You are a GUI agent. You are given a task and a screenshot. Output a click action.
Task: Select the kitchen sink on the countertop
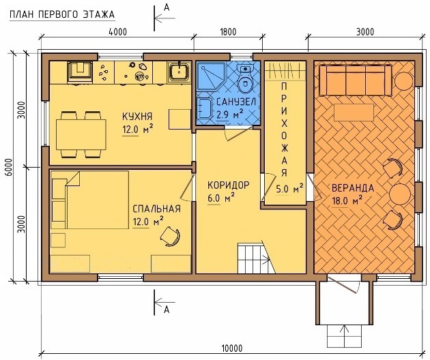pyautogui.click(x=179, y=72)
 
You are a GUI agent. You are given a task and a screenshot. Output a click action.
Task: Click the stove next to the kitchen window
pyautogui.click(x=80, y=71)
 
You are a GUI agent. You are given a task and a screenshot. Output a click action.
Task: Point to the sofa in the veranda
pyautogui.click(x=355, y=80)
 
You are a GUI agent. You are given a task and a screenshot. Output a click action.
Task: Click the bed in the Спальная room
pyautogui.click(x=90, y=200)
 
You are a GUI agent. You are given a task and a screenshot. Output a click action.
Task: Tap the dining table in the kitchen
pyautogui.click(x=81, y=134)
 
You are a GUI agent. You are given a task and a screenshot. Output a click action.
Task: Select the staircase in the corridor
pyautogui.click(x=256, y=258)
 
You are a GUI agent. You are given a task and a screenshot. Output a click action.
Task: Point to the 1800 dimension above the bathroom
pyautogui.click(x=228, y=32)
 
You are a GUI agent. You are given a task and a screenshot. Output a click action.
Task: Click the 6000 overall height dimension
pyautogui.click(x=9, y=168)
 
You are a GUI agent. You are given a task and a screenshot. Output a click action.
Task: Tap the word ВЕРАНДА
pyautogui.click(x=353, y=188)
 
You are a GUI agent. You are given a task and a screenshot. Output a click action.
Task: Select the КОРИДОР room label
pyautogui.click(x=229, y=185)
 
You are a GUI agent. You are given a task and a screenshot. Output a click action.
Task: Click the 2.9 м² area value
pyautogui.click(x=229, y=114)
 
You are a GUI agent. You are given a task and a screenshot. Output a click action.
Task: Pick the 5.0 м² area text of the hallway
pyautogui.click(x=289, y=188)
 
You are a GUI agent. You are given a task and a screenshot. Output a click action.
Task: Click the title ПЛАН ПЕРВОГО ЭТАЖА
pyautogui.click(x=62, y=14)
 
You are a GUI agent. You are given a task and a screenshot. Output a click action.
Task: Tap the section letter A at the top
pyautogui.click(x=167, y=8)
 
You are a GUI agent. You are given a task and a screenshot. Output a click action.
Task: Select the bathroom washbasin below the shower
pyautogui.click(x=203, y=108)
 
